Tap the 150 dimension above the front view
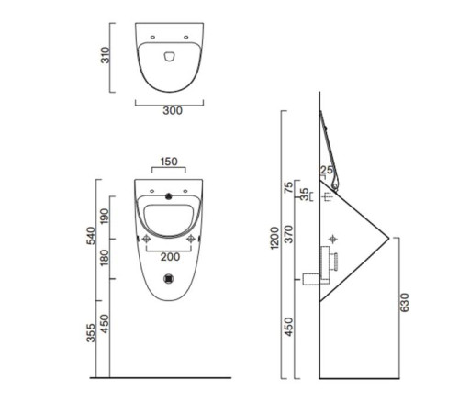(169, 162)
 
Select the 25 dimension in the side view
(327, 171)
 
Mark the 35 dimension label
(305, 195)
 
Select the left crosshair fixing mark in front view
(145, 239)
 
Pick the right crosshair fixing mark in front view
(191, 239)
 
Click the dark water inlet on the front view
(168, 195)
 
